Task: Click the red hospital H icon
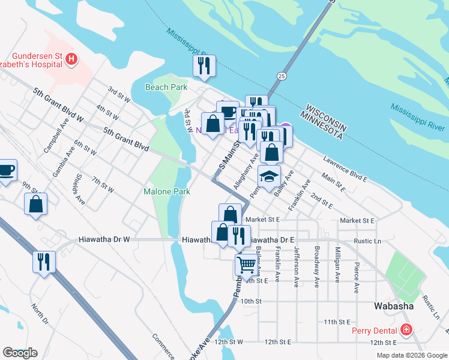(71, 59)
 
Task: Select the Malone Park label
(167, 192)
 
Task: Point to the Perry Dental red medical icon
(406, 331)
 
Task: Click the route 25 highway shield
(281, 76)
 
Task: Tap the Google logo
(20, 353)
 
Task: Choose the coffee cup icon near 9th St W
(5, 170)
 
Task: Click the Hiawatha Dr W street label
(104, 239)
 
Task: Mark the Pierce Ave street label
(357, 277)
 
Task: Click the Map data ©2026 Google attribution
(411, 355)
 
